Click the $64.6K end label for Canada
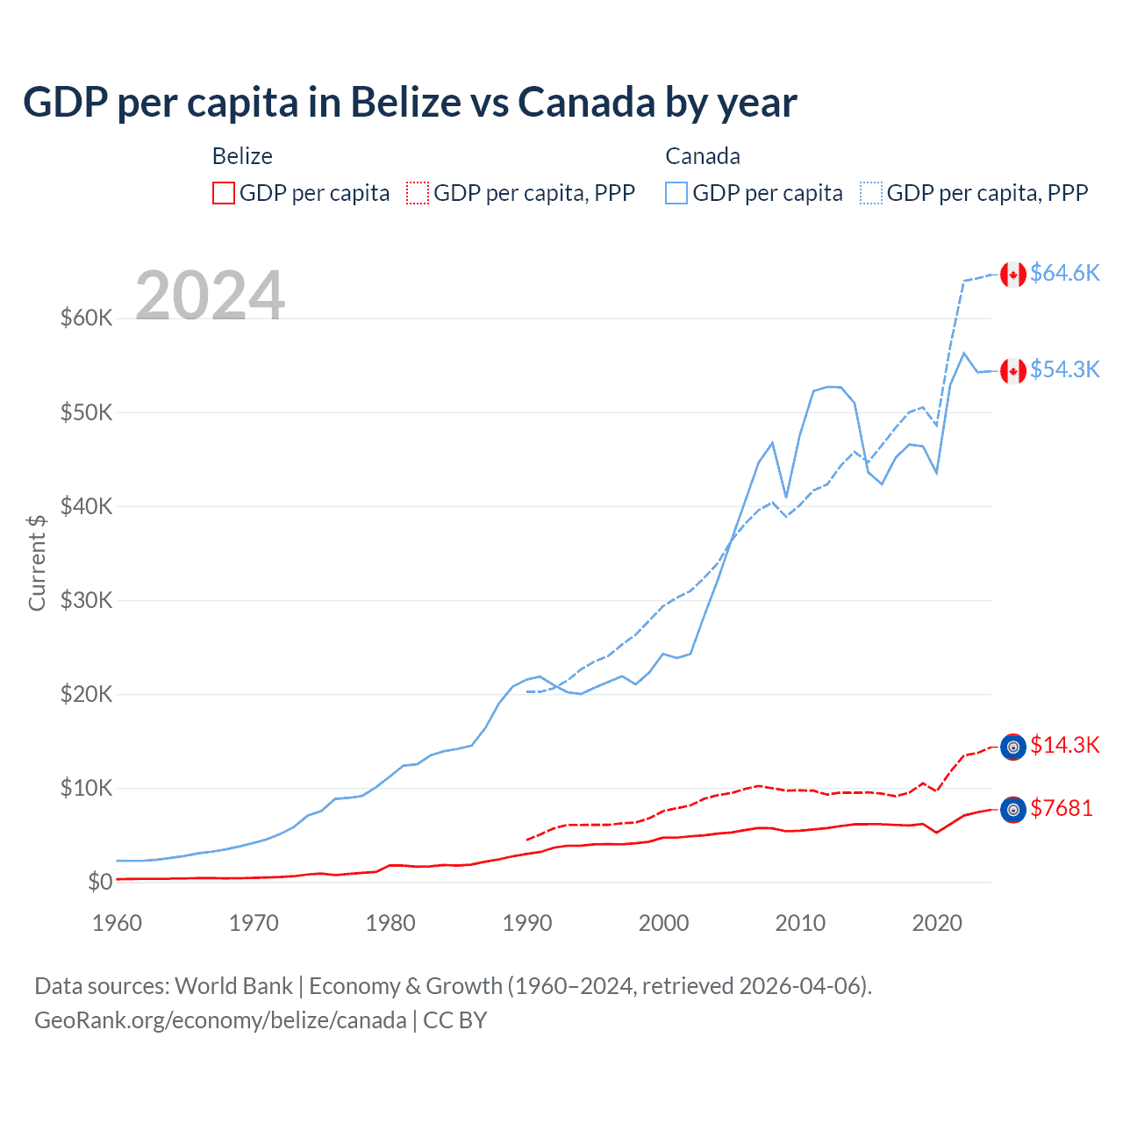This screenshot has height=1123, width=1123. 1064,273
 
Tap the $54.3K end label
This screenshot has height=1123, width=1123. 1064,369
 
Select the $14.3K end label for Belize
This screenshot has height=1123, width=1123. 1064,745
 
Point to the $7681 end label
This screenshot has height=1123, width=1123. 1062,808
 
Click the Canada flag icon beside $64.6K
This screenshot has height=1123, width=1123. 1013,275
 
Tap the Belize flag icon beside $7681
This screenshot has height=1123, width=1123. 1013,810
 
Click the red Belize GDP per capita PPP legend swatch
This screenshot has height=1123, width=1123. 418,193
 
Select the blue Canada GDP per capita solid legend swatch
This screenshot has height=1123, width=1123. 676,193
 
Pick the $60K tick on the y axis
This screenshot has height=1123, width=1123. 86,318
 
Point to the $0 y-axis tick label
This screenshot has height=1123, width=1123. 100,882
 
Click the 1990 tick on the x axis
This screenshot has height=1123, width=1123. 527,923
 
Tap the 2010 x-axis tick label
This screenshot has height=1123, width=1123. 800,923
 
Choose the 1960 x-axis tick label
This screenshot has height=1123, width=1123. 117,923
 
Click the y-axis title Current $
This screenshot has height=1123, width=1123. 37,562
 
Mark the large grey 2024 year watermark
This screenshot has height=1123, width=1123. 211,296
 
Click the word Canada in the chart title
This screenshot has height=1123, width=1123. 586,102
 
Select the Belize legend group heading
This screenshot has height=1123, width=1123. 242,156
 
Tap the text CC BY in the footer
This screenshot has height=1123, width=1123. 454,1020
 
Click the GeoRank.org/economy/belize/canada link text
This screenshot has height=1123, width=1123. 220,1020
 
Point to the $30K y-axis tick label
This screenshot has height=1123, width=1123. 86,600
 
